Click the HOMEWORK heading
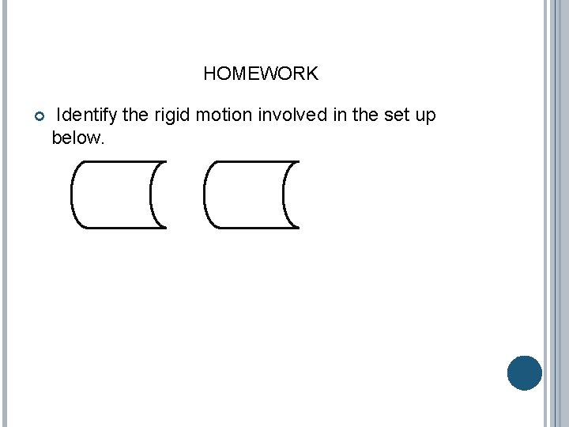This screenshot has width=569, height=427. point(260,74)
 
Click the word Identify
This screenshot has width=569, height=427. point(87,115)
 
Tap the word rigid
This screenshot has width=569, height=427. point(171,115)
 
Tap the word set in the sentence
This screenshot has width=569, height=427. point(396,115)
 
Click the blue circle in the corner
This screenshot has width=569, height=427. point(525,373)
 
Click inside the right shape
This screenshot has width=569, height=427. point(244,195)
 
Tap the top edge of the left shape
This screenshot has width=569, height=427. point(119,162)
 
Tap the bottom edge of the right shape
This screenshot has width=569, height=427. point(251,228)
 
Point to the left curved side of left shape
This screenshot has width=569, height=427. point(72,195)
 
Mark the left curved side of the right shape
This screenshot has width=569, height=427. point(205,195)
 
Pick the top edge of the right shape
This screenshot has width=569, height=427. point(251,162)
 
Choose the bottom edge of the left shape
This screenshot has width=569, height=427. point(119,228)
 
